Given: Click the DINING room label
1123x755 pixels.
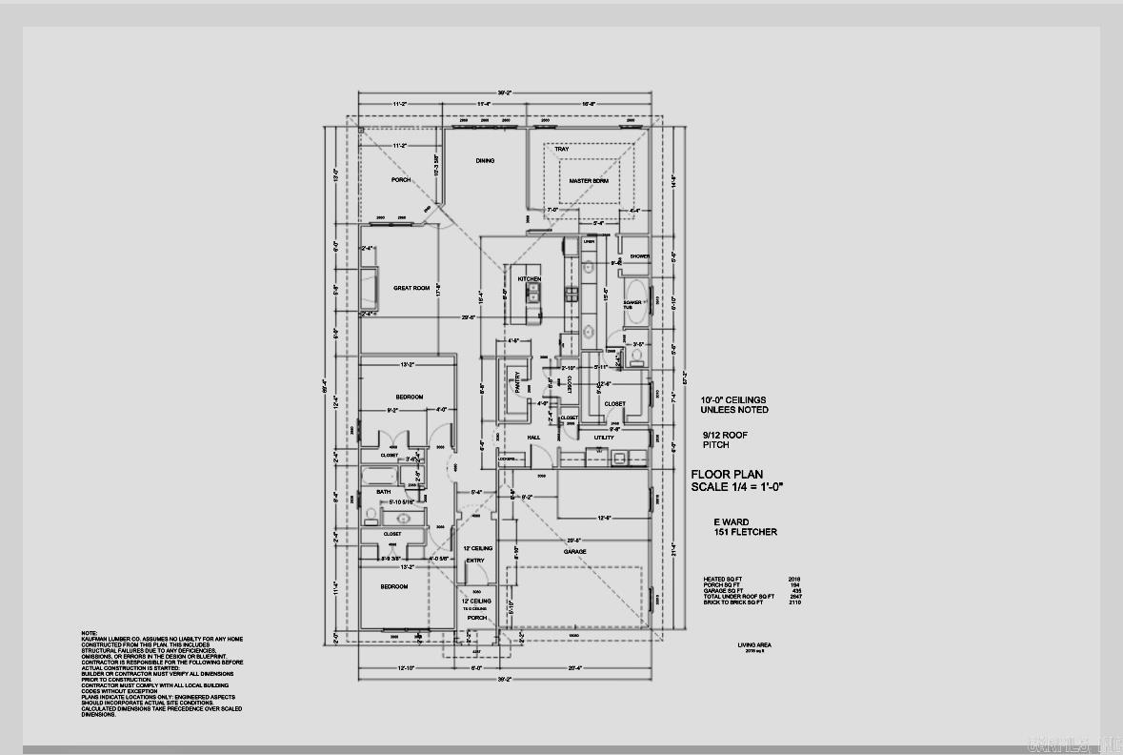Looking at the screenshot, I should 485,161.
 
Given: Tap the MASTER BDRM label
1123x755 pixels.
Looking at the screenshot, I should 589,180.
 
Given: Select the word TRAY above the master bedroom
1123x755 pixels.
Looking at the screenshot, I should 562,149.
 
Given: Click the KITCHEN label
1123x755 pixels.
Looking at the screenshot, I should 530,278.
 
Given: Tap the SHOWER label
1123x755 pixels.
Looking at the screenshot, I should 639,256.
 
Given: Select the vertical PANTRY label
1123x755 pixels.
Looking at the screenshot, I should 518,381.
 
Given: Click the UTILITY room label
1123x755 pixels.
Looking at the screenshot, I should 604,438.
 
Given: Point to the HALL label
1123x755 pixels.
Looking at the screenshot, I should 534,438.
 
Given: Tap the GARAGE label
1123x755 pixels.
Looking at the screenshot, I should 574,551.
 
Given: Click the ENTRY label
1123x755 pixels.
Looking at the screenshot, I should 474,561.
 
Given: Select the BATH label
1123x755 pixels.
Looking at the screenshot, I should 383,492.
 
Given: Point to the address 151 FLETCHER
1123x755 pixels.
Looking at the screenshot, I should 746,532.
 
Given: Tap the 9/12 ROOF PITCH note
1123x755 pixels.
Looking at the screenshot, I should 724,439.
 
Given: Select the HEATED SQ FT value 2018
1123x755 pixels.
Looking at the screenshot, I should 794,579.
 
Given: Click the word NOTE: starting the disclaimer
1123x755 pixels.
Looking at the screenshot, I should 89,632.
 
